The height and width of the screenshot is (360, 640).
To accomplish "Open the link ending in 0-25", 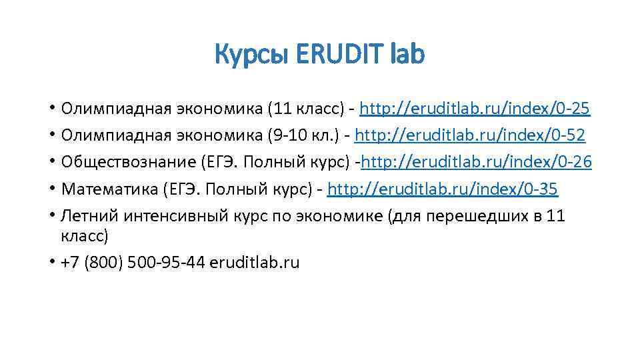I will tap(475, 109).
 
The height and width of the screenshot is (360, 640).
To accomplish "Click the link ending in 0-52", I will tap(470, 135).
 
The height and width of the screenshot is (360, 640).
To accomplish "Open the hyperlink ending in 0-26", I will tap(476, 162).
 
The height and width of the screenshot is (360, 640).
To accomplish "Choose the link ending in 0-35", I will tap(443, 189).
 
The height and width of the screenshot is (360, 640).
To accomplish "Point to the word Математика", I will tap(109, 189).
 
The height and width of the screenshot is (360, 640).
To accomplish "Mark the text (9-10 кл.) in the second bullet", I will tap(303, 135).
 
